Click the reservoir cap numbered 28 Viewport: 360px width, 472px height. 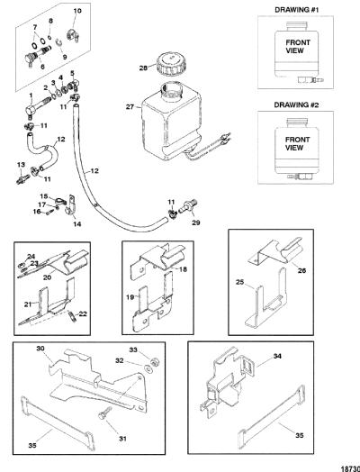coord(171,63)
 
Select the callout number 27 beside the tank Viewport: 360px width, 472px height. coord(130,107)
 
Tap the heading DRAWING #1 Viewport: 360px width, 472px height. coord(296,10)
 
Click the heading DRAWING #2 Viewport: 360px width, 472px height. coord(296,105)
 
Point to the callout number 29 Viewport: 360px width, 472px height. coord(196,223)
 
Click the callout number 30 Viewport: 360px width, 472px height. coord(40,349)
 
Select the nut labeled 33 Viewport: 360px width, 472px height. coord(156,362)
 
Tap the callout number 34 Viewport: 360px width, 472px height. coord(277,356)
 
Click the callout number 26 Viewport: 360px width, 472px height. coord(301,270)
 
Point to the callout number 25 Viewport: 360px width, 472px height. coord(239,283)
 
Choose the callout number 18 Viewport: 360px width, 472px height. coord(183,269)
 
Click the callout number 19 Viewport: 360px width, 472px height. coord(130,297)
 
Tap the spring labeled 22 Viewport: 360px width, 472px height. coord(72,317)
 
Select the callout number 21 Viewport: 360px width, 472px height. coord(28,304)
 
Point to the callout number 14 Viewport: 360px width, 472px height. coord(77,224)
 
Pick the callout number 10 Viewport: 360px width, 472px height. coord(77,11)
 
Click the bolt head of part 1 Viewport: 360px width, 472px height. coord(29,110)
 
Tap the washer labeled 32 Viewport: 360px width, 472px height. coord(148,368)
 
